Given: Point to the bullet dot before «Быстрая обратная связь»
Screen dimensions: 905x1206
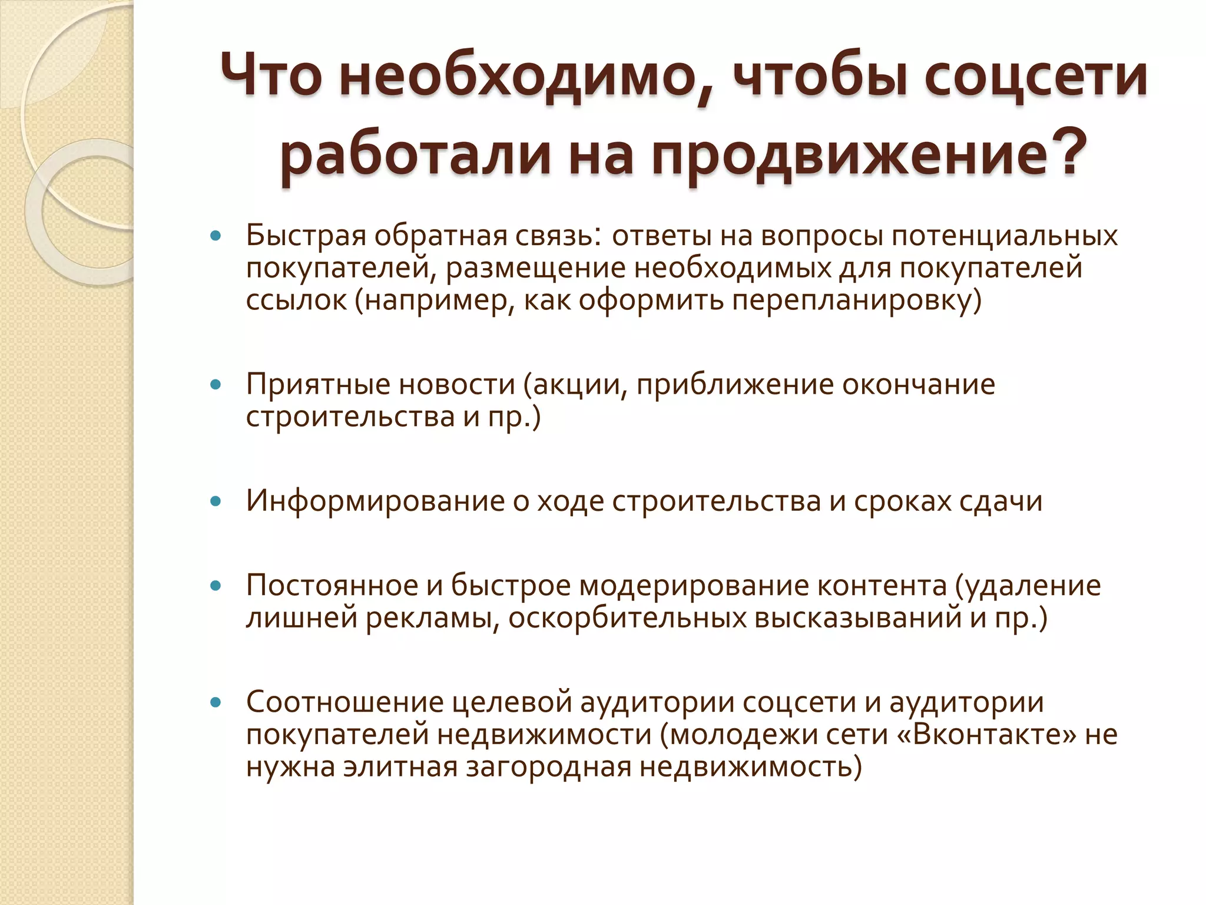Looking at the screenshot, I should pyautogui.click(x=216, y=236).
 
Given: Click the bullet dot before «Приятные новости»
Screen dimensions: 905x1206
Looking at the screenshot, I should pyautogui.click(x=216, y=385).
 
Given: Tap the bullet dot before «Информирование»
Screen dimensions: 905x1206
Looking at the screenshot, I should pyautogui.click(x=216, y=501).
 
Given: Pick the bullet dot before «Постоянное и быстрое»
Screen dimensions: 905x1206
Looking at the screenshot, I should pyautogui.click(x=216, y=586).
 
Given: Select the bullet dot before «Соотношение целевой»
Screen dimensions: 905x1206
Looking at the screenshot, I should pyautogui.click(x=216, y=702).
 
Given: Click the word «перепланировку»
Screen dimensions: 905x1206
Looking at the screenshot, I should pyautogui.click(x=854, y=300).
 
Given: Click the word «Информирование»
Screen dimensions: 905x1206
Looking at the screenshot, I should pyautogui.click(x=375, y=501).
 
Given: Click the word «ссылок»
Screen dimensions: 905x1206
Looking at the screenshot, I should pyautogui.click(x=297, y=300).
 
